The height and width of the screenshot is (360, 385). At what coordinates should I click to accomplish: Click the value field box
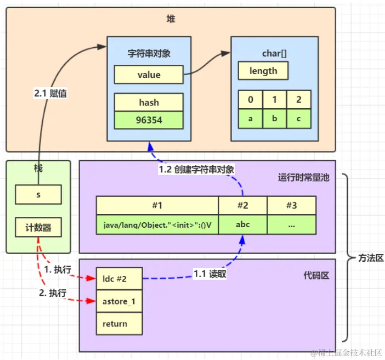click(149, 75)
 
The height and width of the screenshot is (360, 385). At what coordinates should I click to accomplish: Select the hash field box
click(149, 102)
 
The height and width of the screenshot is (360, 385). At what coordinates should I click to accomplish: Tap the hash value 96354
click(149, 120)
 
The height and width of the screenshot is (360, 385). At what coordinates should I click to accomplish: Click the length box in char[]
click(263, 71)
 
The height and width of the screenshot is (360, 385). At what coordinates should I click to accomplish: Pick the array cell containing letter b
click(275, 119)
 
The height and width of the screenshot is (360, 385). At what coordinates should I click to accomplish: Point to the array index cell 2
click(299, 99)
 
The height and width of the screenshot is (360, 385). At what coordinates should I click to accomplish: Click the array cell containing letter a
click(251, 119)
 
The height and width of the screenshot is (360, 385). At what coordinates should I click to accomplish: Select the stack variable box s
click(38, 195)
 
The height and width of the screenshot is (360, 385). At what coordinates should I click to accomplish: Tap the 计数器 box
click(38, 227)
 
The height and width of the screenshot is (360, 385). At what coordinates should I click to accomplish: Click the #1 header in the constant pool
click(157, 205)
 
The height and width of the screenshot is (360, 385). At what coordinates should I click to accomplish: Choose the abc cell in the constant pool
click(242, 224)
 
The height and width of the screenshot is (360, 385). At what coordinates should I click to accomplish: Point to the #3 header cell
click(292, 205)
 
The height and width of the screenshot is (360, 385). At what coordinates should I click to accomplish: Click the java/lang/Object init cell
click(157, 224)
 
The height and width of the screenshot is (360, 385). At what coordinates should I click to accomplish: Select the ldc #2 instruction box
click(120, 279)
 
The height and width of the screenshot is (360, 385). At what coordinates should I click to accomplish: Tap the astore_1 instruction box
click(120, 301)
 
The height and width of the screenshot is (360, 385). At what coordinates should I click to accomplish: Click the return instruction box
click(120, 324)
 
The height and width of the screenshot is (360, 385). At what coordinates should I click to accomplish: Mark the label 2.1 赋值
click(50, 93)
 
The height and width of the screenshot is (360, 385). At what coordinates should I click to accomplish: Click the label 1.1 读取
click(210, 274)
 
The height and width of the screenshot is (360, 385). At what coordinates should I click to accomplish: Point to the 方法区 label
click(371, 258)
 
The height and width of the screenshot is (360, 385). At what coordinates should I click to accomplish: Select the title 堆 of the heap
click(171, 19)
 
